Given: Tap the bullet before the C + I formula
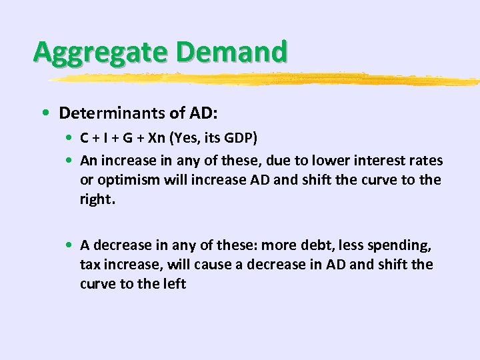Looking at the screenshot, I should (70, 139).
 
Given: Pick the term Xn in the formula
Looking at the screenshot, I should (158, 139).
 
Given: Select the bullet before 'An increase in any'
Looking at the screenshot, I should (70, 161).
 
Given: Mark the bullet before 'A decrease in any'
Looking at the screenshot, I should (70, 245).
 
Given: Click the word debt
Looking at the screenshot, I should (293, 245).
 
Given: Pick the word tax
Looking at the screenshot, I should (90, 265).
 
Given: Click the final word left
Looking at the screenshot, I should (173, 284).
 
